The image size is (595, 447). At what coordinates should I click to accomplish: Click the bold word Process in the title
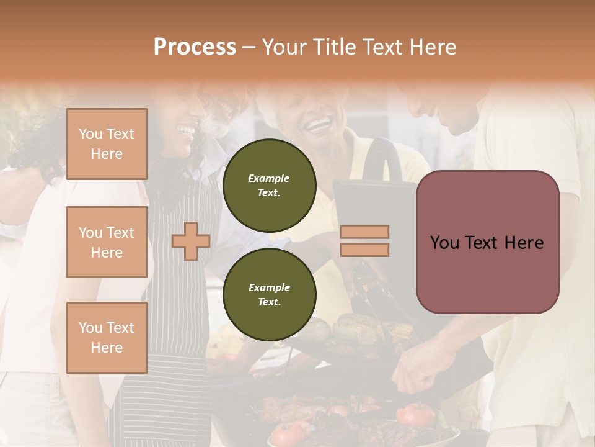pyautogui.click(x=195, y=47)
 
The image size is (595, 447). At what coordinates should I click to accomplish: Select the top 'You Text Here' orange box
pyautogui.click(x=107, y=144)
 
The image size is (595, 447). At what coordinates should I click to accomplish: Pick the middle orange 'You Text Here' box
pyautogui.click(x=107, y=242)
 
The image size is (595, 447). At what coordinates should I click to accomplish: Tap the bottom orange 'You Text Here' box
pyautogui.click(x=107, y=338)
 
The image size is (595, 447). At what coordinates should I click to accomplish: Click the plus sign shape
pyautogui.click(x=191, y=241)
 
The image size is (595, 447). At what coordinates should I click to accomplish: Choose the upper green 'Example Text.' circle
pyautogui.click(x=269, y=186)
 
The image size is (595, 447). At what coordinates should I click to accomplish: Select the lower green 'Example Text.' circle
pyautogui.click(x=269, y=295)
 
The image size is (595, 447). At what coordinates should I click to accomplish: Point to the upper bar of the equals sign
pyautogui.click(x=364, y=232)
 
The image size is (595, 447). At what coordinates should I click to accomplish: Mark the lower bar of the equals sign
pyautogui.click(x=364, y=250)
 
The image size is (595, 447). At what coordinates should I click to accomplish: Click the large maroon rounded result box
pyautogui.click(x=487, y=242)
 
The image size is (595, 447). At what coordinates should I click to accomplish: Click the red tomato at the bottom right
pyautogui.click(x=416, y=413)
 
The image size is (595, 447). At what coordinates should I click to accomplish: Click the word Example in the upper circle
pyautogui.click(x=269, y=178)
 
